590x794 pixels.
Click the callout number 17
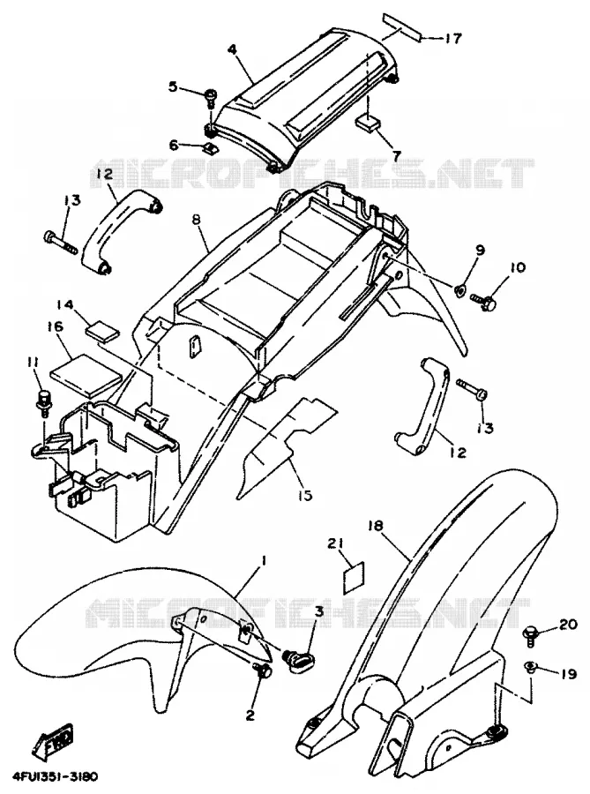click(x=453, y=38)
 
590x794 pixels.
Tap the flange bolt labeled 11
click(x=42, y=401)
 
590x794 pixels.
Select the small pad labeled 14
click(x=102, y=330)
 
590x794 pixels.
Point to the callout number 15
click(x=304, y=495)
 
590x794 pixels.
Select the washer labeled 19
click(x=530, y=666)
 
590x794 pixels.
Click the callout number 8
click(x=197, y=221)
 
